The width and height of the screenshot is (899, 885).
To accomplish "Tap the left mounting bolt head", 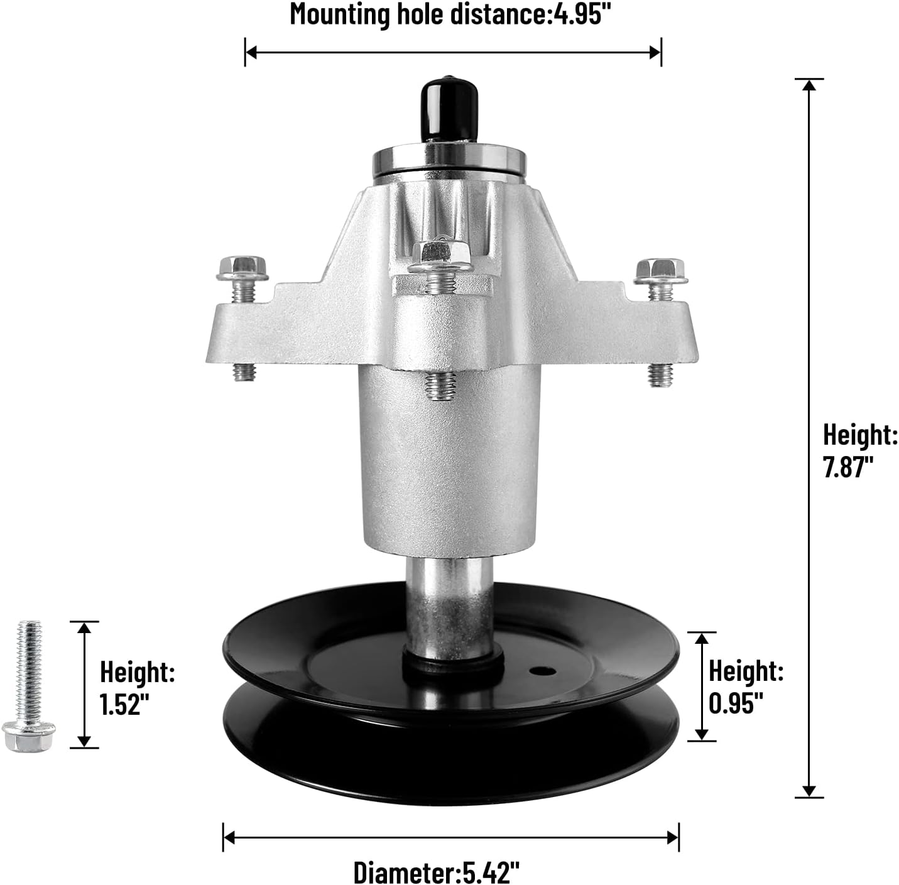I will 242,269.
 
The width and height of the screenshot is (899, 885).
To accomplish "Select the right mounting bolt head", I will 660,270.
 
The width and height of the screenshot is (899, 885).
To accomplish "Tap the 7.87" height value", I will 849,467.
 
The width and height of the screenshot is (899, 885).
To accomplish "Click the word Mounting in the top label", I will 340,14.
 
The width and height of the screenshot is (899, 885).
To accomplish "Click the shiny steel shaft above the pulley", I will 448,603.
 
